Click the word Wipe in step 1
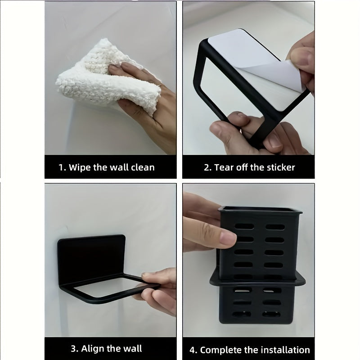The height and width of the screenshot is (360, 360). [81, 167]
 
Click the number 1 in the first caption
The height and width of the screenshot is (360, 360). [61, 167]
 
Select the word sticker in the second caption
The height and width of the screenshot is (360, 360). [279, 167]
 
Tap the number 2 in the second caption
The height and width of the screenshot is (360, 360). [207, 167]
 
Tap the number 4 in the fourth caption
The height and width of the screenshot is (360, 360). [193, 350]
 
